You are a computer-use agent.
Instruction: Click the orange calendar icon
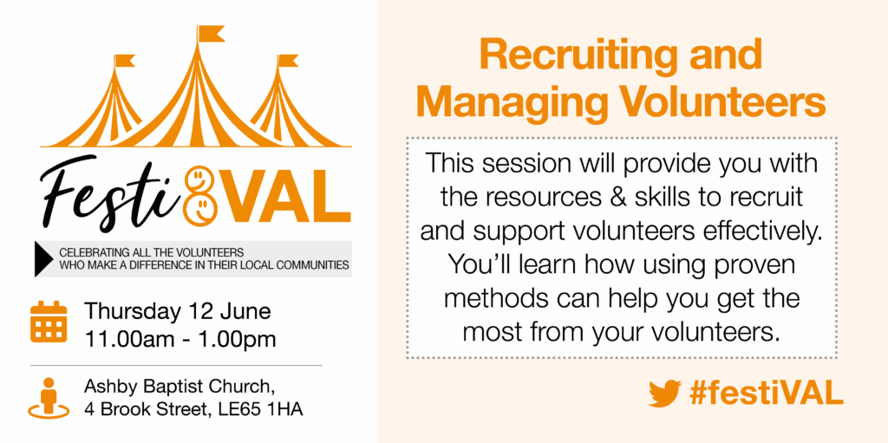[x=49, y=322]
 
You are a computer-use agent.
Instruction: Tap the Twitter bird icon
[x=665, y=393]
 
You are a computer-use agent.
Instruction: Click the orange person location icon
[x=49, y=399]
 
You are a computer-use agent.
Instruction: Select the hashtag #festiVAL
[x=767, y=393]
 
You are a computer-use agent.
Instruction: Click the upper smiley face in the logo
[x=199, y=179]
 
